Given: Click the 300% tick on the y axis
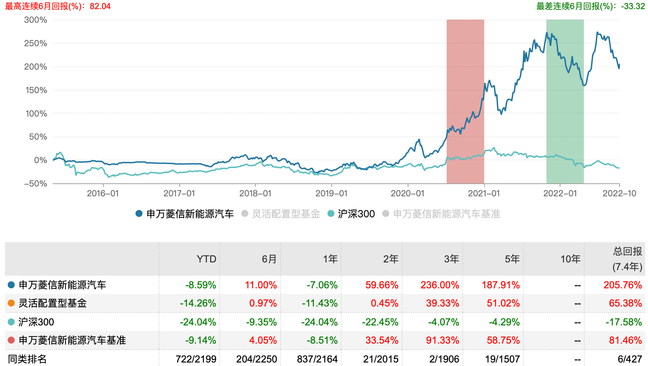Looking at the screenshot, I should tap(35, 20).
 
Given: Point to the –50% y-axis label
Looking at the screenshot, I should tap(35, 184).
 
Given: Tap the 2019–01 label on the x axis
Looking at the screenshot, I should tap(331, 193).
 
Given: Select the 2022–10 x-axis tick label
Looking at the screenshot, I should tap(619, 193).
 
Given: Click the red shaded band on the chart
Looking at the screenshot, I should tap(465, 101).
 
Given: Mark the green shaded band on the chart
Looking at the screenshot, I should tap(565, 101).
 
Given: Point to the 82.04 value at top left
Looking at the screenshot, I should tap(100, 6).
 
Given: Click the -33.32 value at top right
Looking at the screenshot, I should tap(633, 6).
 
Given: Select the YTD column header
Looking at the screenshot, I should tap(206, 259).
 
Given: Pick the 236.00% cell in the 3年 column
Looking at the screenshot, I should tap(440, 285).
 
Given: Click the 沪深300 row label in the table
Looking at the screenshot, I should tap(36, 322).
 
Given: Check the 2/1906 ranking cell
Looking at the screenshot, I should tap(444, 359).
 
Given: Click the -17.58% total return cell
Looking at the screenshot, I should tap(624, 322).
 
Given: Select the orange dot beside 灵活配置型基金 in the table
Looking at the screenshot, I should tap(11, 303).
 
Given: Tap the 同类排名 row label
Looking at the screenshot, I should tap(27, 359).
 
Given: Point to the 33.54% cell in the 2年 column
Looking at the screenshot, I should tap(382, 340).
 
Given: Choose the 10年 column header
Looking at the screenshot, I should tap(570, 259).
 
